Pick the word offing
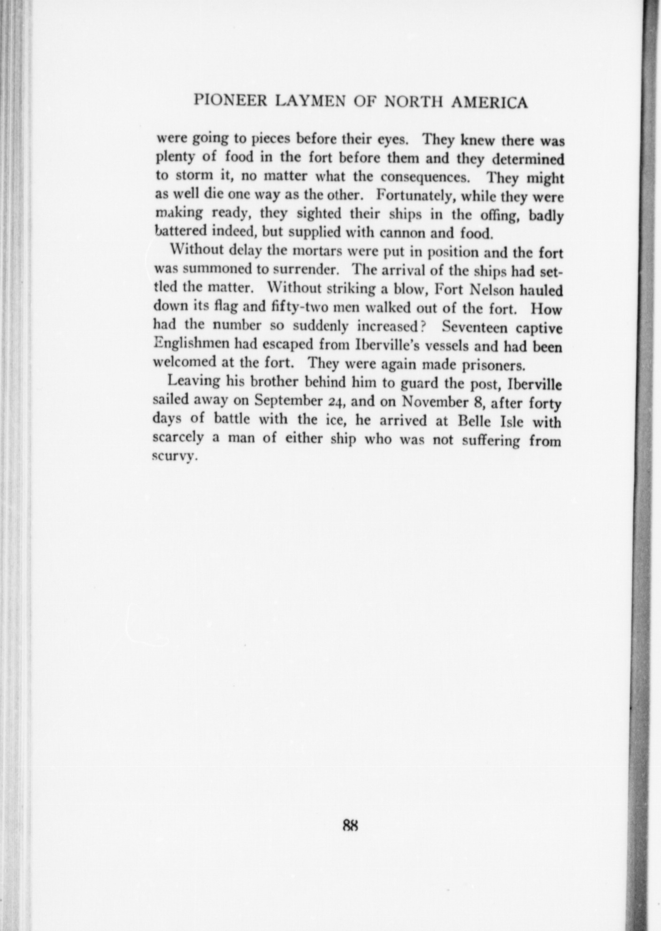(498, 214)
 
